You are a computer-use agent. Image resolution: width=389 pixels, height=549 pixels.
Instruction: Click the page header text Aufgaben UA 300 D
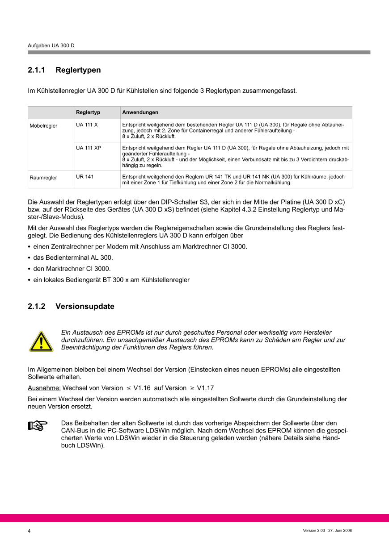pyautogui.click(x=51, y=46)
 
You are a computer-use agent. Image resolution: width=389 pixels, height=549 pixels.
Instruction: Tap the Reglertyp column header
pyautogui.click(x=88, y=112)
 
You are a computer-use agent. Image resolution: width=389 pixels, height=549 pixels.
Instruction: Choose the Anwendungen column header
pyautogui.click(x=140, y=112)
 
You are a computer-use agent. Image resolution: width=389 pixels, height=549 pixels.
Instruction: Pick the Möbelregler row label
pyautogui.click(x=43, y=126)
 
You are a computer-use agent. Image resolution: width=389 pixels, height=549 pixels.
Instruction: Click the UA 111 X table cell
pyautogui.click(x=87, y=125)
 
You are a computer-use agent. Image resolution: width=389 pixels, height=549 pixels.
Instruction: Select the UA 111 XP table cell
pyautogui.click(x=89, y=147)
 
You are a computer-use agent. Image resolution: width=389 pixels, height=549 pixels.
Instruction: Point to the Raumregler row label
pyautogui.click(x=43, y=178)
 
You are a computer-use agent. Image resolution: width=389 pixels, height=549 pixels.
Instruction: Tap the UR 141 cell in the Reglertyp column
pyautogui.click(x=85, y=177)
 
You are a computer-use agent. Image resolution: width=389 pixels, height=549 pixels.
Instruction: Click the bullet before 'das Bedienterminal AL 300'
pyautogui.click(x=30, y=258)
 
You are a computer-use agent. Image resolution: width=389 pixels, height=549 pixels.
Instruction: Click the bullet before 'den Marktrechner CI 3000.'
pyautogui.click(x=30, y=269)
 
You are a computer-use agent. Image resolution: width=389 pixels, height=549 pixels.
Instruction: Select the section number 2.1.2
pyautogui.click(x=37, y=307)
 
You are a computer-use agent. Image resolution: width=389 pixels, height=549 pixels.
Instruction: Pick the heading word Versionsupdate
pyautogui.click(x=85, y=307)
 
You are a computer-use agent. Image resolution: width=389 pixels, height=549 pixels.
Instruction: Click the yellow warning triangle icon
pyautogui.click(x=41, y=341)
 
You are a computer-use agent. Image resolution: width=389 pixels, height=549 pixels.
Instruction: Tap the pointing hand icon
pyautogui.click(x=38, y=426)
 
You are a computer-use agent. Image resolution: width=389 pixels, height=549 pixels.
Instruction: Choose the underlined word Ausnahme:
pyautogui.click(x=44, y=388)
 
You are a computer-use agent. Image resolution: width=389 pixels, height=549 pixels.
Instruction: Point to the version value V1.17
pyautogui.click(x=205, y=388)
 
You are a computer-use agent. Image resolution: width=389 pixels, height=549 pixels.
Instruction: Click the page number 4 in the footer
pyautogui.click(x=30, y=531)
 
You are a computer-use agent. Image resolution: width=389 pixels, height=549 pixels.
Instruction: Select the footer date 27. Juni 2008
pyautogui.click(x=340, y=530)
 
